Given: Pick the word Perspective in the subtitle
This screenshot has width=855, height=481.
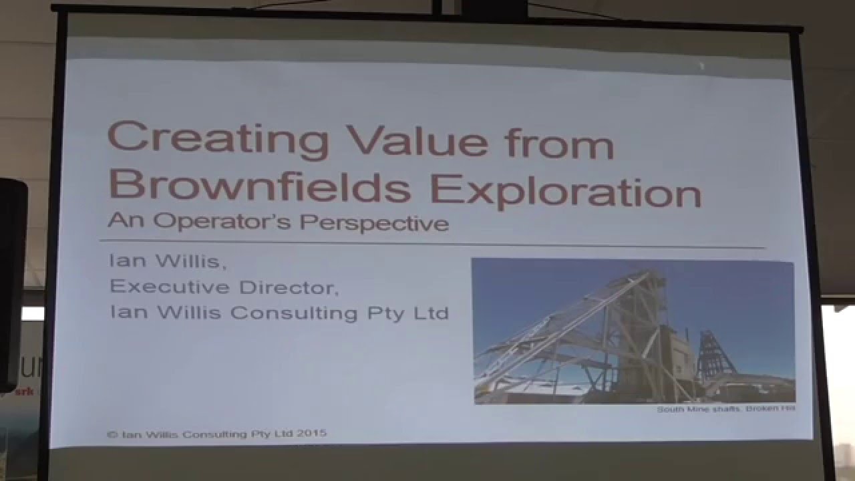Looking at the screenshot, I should pos(374,223).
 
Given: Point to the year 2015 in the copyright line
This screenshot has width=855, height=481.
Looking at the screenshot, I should pos(311,434).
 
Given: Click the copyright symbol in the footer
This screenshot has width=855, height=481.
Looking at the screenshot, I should pos(111,434).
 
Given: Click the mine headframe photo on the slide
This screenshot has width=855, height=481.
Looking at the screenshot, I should pos(633,331).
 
